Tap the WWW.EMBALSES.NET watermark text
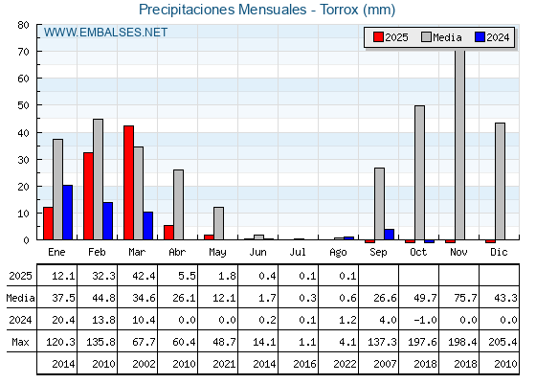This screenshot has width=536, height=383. (105, 33)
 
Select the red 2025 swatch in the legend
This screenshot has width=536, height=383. (378, 37)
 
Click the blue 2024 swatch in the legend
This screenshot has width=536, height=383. (480, 37)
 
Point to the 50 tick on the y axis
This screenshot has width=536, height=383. (23, 105)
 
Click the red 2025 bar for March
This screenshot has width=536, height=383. (128, 183)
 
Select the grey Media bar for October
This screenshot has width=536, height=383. (419, 172)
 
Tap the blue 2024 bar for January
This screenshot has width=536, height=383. (68, 213)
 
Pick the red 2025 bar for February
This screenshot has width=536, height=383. (88, 196)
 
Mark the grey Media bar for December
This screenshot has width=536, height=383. (500, 181)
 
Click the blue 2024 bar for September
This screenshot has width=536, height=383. (389, 235)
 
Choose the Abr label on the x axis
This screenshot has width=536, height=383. (177, 253)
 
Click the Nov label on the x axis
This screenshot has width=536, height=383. (458, 253)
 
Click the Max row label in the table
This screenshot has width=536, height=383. (20, 342)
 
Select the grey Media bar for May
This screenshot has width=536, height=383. (218, 223)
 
